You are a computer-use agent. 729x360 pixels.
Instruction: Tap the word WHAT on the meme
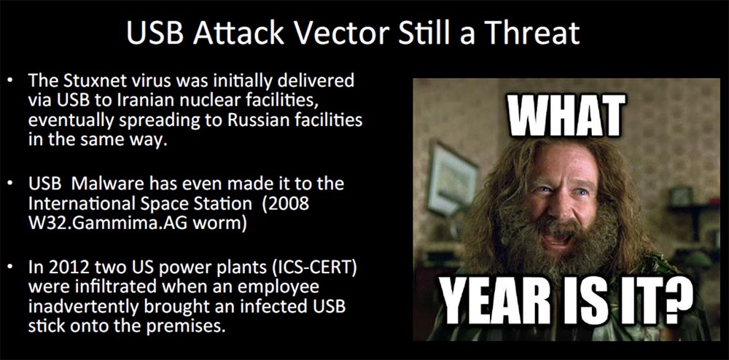pos(566,117)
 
